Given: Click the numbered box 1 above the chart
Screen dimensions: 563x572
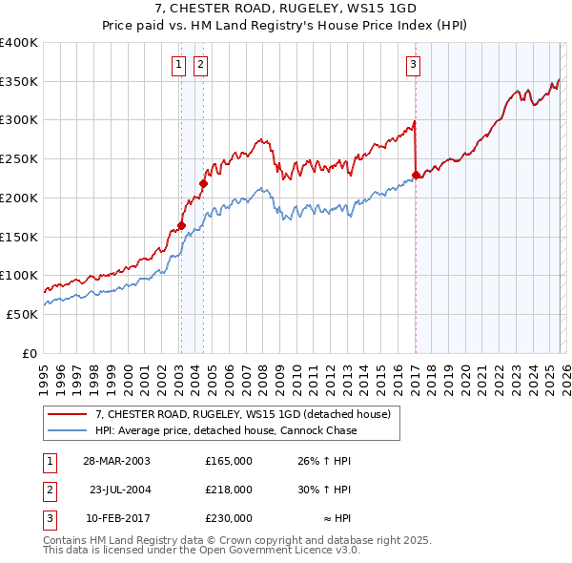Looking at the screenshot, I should (x=178, y=65).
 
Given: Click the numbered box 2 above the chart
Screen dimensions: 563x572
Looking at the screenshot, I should (x=201, y=65).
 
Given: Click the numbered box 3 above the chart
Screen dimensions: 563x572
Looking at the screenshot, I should (x=413, y=65).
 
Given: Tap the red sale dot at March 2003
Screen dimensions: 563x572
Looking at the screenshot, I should (x=181, y=225).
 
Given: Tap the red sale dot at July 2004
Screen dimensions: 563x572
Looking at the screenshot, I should (x=203, y=183).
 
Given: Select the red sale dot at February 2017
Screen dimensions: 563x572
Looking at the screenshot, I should (x=416, y=175).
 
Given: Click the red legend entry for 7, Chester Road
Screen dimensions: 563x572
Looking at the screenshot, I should (x=243, y=415).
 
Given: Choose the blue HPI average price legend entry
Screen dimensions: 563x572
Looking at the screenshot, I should (x=226, y=430).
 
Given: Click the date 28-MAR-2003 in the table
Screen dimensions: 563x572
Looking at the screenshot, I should (x=116, y=461).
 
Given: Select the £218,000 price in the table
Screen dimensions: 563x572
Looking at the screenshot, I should (x=229, y=490).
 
